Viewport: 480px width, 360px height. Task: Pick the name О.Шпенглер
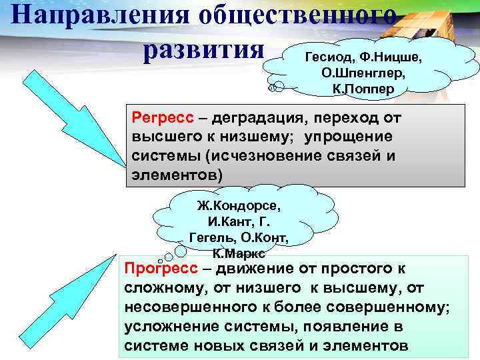[363, 73]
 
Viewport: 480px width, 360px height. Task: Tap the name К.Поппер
[363, 88]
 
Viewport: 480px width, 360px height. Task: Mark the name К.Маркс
[239, 253]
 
